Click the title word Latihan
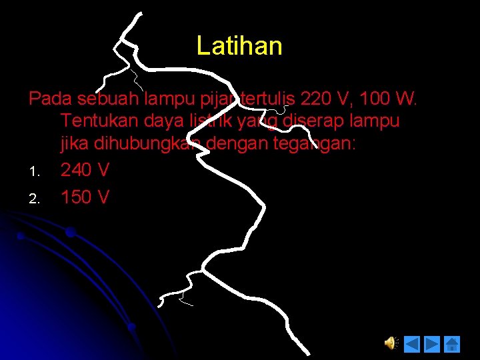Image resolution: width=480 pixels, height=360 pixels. pos(239,46)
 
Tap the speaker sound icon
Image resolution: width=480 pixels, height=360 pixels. pos(391,343)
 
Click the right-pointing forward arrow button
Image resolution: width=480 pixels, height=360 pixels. pos(432,344)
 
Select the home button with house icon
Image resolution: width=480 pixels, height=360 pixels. pos(452,344)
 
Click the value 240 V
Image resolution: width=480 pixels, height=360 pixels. pos(85,170)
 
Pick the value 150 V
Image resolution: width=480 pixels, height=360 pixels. pos(85,197)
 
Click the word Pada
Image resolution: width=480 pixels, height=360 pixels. pos(51,99)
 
